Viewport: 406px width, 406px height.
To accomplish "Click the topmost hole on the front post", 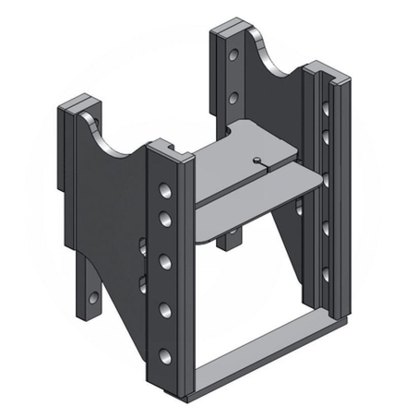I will pyautogui.click(x=165, y=192).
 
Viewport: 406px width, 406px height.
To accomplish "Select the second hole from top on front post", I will pyautogui.click(x=165, y=220).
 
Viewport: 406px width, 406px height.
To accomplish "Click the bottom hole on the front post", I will pyautogui.click(x=165, y=355).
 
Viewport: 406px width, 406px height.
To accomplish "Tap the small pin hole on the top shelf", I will pyautogui.click(x=256, y=161).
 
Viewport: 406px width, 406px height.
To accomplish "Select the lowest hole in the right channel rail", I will pyautogui.click(x=325, y=274).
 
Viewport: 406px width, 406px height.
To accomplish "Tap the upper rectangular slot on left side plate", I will pyautogui.click(x=142, y=246).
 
